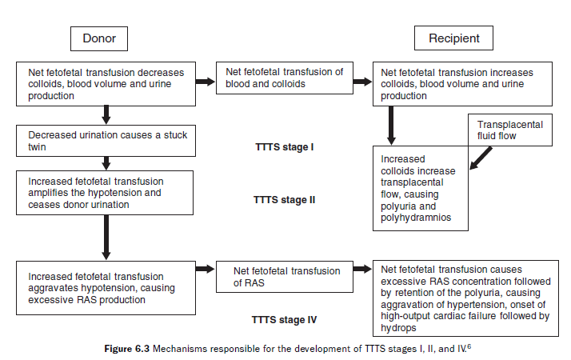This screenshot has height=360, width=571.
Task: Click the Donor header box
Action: (x=99, y=38)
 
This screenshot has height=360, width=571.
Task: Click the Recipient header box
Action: (x=453, y=38)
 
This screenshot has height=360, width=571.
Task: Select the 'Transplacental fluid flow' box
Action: (x=509, y=130)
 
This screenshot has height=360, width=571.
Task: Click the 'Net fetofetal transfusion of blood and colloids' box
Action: (x=285, y=78)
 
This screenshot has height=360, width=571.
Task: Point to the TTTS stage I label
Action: (x=283, y=147)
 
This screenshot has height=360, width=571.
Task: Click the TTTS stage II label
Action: (x=284, y=199)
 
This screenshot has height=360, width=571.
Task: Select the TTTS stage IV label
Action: (x=284, y=320)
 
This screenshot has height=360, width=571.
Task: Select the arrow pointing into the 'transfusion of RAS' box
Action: (x=205, y=270)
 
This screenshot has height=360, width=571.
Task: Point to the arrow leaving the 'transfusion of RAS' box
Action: (x=362, y=270)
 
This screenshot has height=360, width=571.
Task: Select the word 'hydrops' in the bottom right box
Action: (x=399, y=327)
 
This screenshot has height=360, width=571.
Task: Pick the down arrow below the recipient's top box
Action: (x=392, y=124)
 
